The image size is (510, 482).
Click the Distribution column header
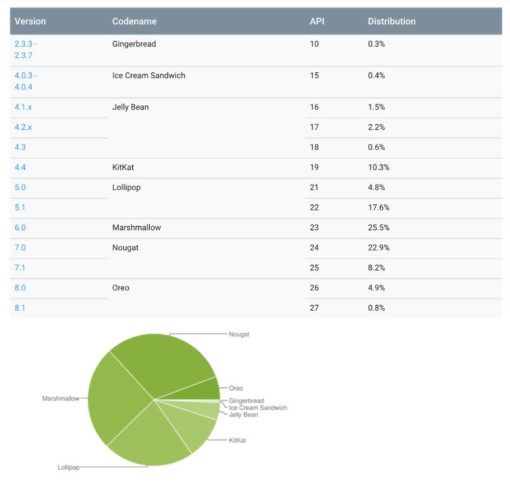coord(391,21)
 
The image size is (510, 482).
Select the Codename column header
coord(134,21)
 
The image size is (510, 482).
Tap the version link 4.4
coord(20,167)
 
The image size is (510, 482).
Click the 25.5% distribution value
coord(378,228)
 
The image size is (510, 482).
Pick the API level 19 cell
coord(314,167)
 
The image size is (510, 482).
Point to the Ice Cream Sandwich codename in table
coord(148,75)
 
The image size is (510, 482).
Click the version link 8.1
coord(20,308)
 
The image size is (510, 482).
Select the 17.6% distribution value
coord(378,207)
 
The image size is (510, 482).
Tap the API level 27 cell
coord(314,308)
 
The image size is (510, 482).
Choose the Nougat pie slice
coord(167,364)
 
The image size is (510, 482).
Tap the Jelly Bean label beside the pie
coord(243,415)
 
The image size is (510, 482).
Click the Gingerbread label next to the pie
coord(246,401)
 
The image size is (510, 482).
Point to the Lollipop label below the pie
coord(68,467)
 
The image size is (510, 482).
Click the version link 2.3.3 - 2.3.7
coord(25,49)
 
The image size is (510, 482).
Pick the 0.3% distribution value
coord(376,44)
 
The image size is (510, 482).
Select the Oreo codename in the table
coord(121,288)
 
